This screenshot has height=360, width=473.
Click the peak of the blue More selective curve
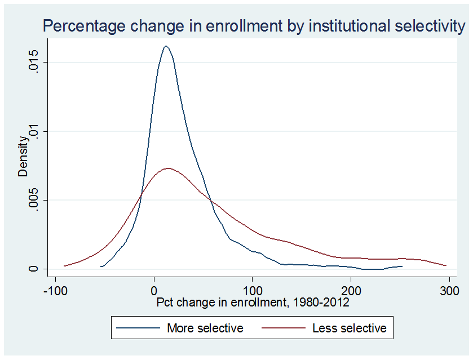pos(166,46)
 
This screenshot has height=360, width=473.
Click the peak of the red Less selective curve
pos(167,168)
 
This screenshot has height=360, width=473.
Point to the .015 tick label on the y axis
pos(34,63)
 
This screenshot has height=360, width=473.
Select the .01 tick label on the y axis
pos(34,131)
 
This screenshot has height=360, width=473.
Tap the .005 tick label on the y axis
pos(34,200)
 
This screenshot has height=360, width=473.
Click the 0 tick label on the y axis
pos(34,269)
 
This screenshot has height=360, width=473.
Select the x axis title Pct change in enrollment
pos(252,303)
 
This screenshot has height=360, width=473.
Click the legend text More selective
pos(205,328)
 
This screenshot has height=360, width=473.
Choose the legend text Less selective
pos(350,328)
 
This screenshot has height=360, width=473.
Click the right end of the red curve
pos(447,265)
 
